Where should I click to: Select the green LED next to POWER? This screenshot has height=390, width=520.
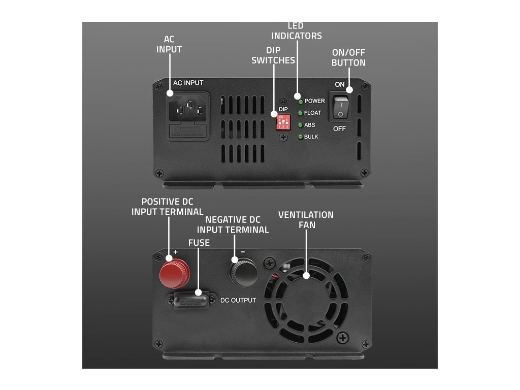[300, 101]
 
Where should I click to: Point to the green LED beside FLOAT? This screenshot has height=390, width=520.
[300, 113]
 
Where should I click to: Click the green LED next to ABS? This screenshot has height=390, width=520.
[300, 125]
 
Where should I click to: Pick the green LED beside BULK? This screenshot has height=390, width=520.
[300, 137]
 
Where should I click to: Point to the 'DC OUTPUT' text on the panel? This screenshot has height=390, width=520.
[238, 300]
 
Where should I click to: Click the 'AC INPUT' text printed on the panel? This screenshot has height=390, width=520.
[188, 83]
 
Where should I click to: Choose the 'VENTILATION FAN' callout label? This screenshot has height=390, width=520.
[306, 219]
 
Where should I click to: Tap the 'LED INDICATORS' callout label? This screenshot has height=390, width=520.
[297, 30]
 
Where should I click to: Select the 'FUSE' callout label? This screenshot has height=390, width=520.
[199, 243]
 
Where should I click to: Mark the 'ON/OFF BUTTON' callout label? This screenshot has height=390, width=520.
[348, 58]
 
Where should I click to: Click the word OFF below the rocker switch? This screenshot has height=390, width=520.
[340, 129]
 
